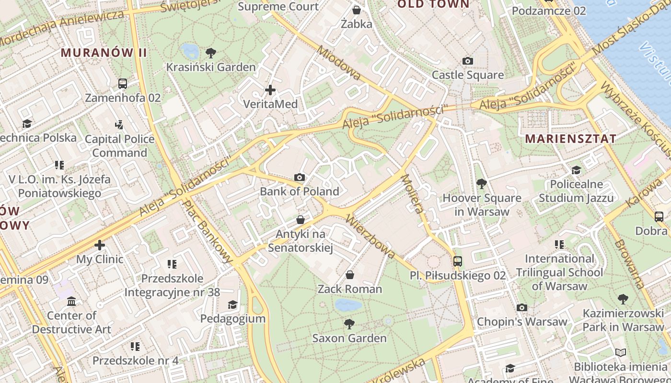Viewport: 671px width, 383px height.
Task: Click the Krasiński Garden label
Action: point(211,67)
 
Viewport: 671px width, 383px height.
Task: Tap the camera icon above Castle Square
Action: point(467,61)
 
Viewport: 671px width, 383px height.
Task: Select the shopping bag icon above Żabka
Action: point(356,10)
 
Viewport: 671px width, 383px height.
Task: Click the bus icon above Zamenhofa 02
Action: point(123,83)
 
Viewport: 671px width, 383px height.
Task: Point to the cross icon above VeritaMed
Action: point(270,90)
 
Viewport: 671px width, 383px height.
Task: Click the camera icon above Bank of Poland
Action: point(300,178)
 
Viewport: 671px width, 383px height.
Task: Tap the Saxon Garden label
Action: point(349,338)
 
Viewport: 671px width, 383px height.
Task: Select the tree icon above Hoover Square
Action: point(481,183)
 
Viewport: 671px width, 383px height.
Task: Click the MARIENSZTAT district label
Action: point(571,139)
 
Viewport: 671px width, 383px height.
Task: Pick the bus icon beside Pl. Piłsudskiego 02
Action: point(458,261)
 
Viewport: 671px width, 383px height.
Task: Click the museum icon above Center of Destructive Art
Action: point(71,301)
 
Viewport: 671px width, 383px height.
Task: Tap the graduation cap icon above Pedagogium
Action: point(232,304)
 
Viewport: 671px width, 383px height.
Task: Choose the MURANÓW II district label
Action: point(104,53)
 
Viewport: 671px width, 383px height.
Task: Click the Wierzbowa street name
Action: point(370,237)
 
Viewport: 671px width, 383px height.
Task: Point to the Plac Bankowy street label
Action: point(208,231)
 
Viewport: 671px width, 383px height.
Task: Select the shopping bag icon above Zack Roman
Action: point(350,275)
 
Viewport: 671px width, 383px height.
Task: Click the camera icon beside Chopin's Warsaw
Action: point(522,307)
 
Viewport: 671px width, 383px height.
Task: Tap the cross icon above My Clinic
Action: point(100,245)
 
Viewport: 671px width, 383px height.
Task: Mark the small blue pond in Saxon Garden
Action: point(348,305)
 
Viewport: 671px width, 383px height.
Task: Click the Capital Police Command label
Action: point(119,146)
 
